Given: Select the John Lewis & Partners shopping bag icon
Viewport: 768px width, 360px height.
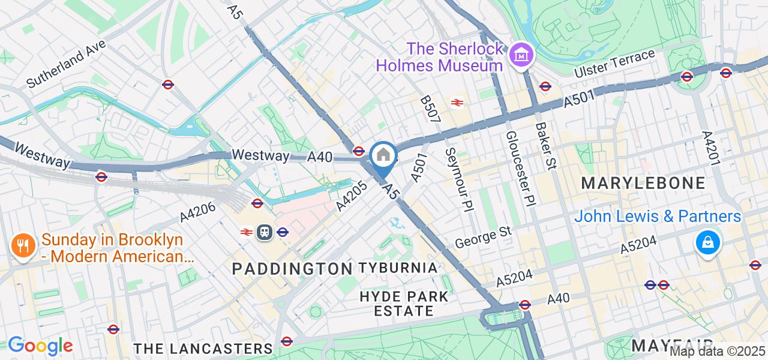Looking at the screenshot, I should [708, 243].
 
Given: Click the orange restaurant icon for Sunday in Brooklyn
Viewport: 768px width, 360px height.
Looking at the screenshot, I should [22, 246].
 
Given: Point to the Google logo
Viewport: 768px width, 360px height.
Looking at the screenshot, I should [40, 346].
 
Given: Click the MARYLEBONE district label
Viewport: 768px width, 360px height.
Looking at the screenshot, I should [643, 182].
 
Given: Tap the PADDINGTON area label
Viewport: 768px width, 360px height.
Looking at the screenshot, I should [292, 268].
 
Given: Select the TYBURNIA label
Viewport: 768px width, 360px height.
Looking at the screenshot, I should [398, 268].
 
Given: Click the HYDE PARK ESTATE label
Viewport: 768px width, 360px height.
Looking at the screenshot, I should [404, 303].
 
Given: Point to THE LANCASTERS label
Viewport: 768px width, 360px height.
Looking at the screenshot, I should [203, 349].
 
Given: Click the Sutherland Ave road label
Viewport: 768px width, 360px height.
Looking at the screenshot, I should [66, 64].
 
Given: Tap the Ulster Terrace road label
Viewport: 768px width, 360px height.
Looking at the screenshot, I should [614, 64].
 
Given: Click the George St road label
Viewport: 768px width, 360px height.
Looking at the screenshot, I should [482, 236].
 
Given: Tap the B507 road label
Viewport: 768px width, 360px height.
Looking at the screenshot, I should [430, 109].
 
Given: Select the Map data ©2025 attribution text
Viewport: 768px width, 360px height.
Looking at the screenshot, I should [718, 351].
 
